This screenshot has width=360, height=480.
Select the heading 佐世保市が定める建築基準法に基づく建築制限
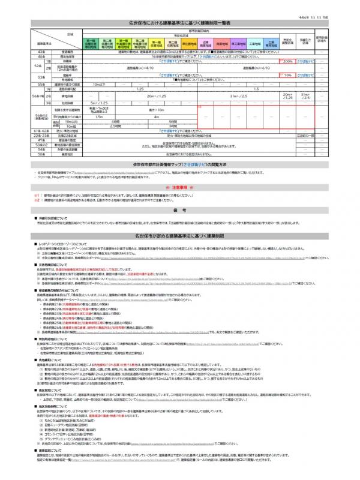(180, 237)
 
